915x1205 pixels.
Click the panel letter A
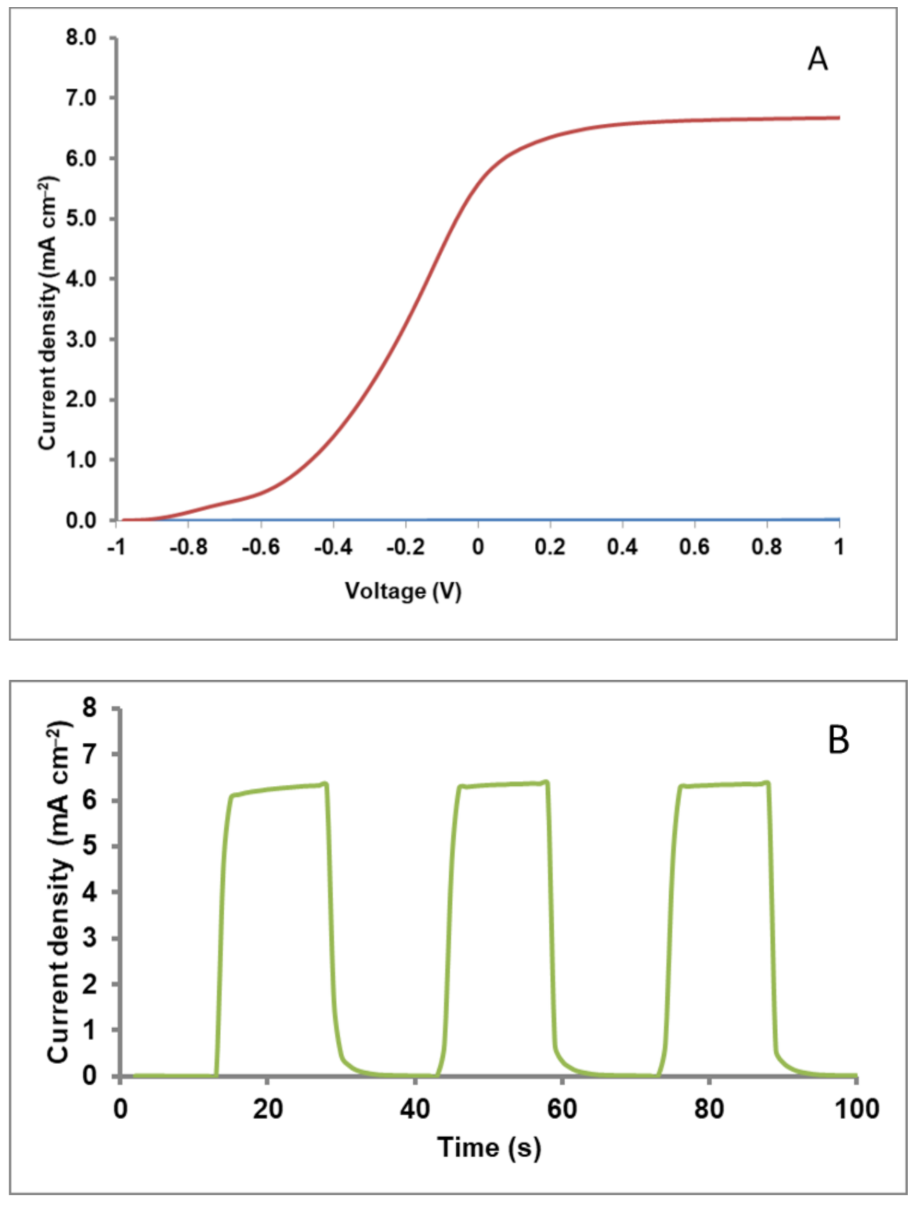point(817,60)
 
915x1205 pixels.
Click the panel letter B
point(837,740)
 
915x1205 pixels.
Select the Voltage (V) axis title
point(403,590)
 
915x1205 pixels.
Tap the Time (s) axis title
point(489,1148)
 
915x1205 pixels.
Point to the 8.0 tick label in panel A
point(81,38)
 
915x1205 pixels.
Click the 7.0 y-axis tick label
point(81,98)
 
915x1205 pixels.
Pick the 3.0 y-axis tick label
point(81,339)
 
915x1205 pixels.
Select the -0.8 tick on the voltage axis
point(188,547)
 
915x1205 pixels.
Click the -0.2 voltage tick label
point(405,547)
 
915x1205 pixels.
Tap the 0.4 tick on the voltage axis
point(622,547)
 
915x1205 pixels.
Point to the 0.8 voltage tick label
point(766,547)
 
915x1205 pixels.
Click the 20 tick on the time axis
point(267,1109)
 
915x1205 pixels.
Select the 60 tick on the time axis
point(562,1109)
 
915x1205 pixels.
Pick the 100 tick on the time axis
point(856,1109)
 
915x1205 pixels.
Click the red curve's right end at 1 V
point(838,118)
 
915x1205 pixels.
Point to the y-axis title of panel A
point(49,313)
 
